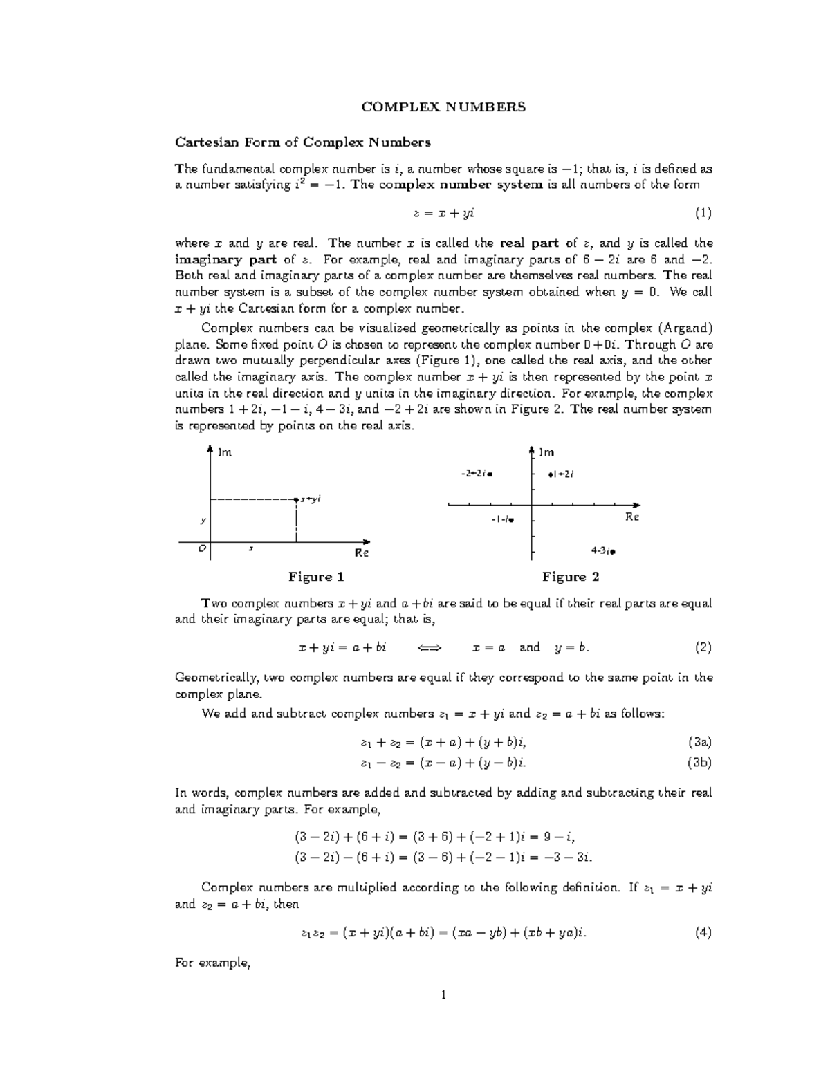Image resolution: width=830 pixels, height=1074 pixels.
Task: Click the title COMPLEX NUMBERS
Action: pyautogui.click(x=444, y=107)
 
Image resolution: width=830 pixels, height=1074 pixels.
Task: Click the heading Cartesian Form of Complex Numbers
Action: pyautogui.click(x=303, y=142)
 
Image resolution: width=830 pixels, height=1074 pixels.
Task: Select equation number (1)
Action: pyautogui.click(x=703, y=214)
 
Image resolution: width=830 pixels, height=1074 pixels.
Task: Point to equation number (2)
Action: pyautogui.click(x=703, y=647)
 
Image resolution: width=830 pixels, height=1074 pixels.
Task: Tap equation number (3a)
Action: pyautogui.click(x=700, y=743)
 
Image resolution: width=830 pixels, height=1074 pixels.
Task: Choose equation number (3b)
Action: pyautogui.click(x=700, y=763)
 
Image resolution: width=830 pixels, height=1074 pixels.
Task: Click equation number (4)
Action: pyautogui.click(x=703, y=932)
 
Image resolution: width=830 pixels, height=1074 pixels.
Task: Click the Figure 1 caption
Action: pyautogui.click(x=316, y=577)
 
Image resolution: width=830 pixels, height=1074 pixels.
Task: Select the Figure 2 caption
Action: pyautogui.click(x=571, y=577)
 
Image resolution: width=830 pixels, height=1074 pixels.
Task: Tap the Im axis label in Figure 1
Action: pyautogui.click(x=225, y=453)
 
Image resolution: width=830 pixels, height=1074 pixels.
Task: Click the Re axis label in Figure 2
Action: pyautogui.click(x=632, y=517)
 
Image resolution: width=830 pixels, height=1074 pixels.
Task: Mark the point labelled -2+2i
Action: pyautogui.click(x=490, y=474)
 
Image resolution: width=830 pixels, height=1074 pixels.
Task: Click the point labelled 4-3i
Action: pyautogui.click(x=613, y=552)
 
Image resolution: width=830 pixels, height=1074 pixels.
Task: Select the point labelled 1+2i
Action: pyautogui.click(x=551, y=474)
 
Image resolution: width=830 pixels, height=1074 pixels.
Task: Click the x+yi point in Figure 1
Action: pyautogui.click(x=296, y=498)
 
